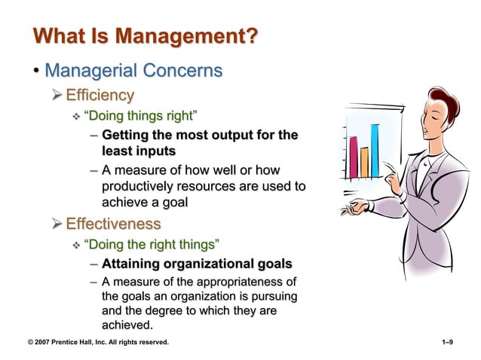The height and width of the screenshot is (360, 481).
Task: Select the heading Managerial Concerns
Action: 133,71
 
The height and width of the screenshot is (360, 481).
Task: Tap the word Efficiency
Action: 100,95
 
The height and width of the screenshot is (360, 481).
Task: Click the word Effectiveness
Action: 113,224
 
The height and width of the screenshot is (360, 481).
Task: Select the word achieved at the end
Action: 126,325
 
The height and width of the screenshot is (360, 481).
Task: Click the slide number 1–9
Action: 446,343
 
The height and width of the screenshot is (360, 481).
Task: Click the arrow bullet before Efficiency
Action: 57,96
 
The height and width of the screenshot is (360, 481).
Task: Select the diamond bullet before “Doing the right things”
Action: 75,245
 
